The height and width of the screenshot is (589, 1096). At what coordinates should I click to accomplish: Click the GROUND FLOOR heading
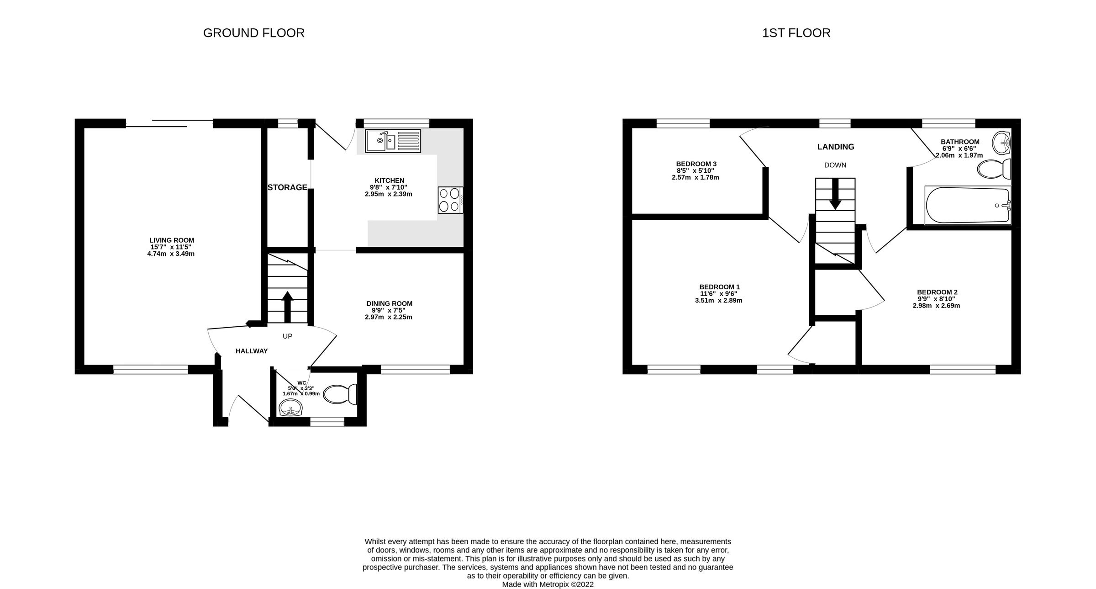click(253, 33)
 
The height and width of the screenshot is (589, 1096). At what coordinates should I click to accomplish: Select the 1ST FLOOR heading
click(796, 33)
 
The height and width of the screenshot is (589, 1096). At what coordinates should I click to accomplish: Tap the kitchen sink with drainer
click(393, 141)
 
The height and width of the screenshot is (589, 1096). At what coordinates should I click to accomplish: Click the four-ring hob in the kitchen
click(450, 200)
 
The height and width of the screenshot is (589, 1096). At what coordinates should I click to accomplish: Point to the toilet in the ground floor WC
click(340, 394)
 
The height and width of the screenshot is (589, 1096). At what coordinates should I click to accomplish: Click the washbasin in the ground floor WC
click(290, 408)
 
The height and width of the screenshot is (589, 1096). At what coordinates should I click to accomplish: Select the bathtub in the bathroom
click(967, 205)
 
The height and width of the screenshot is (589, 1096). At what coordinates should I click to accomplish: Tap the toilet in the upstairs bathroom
click(994, 169)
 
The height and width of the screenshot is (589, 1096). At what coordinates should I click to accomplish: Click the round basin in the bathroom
click(1001, 143)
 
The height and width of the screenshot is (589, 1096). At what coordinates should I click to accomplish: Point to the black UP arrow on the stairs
click(287, 307)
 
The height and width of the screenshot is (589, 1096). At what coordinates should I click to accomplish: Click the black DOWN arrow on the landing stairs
click(835, 194)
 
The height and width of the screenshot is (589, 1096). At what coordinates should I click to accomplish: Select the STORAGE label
click(287, 187)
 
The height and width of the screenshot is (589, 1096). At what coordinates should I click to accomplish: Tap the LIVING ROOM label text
click(172, 240)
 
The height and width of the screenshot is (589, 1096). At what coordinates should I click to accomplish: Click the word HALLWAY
click(252, 351)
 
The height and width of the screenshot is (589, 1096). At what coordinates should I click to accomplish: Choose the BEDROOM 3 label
click(696, 164)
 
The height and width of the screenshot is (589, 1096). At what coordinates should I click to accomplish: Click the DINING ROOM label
click(389, 303)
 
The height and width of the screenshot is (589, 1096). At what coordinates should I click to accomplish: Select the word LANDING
click(836, 147)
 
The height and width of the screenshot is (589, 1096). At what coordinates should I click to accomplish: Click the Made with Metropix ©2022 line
click(548, 584)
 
